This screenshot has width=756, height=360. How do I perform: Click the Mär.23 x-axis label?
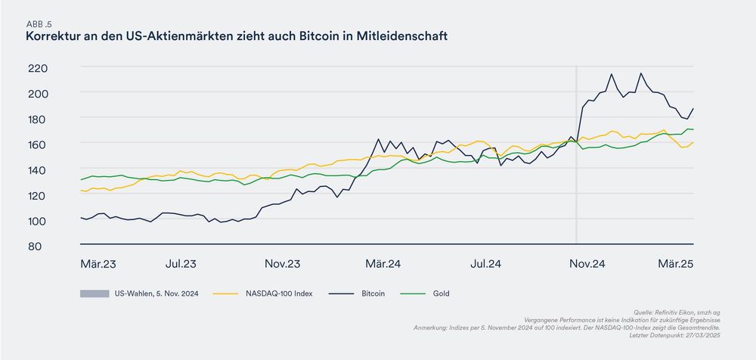[x=98, y=264]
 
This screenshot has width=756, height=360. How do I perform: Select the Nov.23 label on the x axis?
[x=283, y=264]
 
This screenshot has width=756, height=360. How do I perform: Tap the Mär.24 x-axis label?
[x=383, y=264]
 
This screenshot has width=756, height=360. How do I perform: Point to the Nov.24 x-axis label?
[x=587, y=264]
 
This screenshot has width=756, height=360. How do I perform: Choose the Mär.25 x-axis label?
[x=675, y=264]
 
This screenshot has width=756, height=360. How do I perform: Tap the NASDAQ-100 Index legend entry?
[x=279, y=293]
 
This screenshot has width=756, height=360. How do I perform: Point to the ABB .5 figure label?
[x=39, y=23]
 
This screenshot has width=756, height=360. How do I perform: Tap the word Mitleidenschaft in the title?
[x=404, y=36]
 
